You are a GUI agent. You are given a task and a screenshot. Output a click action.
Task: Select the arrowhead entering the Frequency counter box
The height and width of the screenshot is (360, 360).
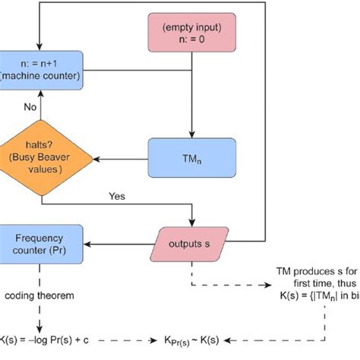click(87, 244)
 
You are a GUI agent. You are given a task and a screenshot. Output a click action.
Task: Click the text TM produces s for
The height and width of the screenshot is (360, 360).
click(317, 271)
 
